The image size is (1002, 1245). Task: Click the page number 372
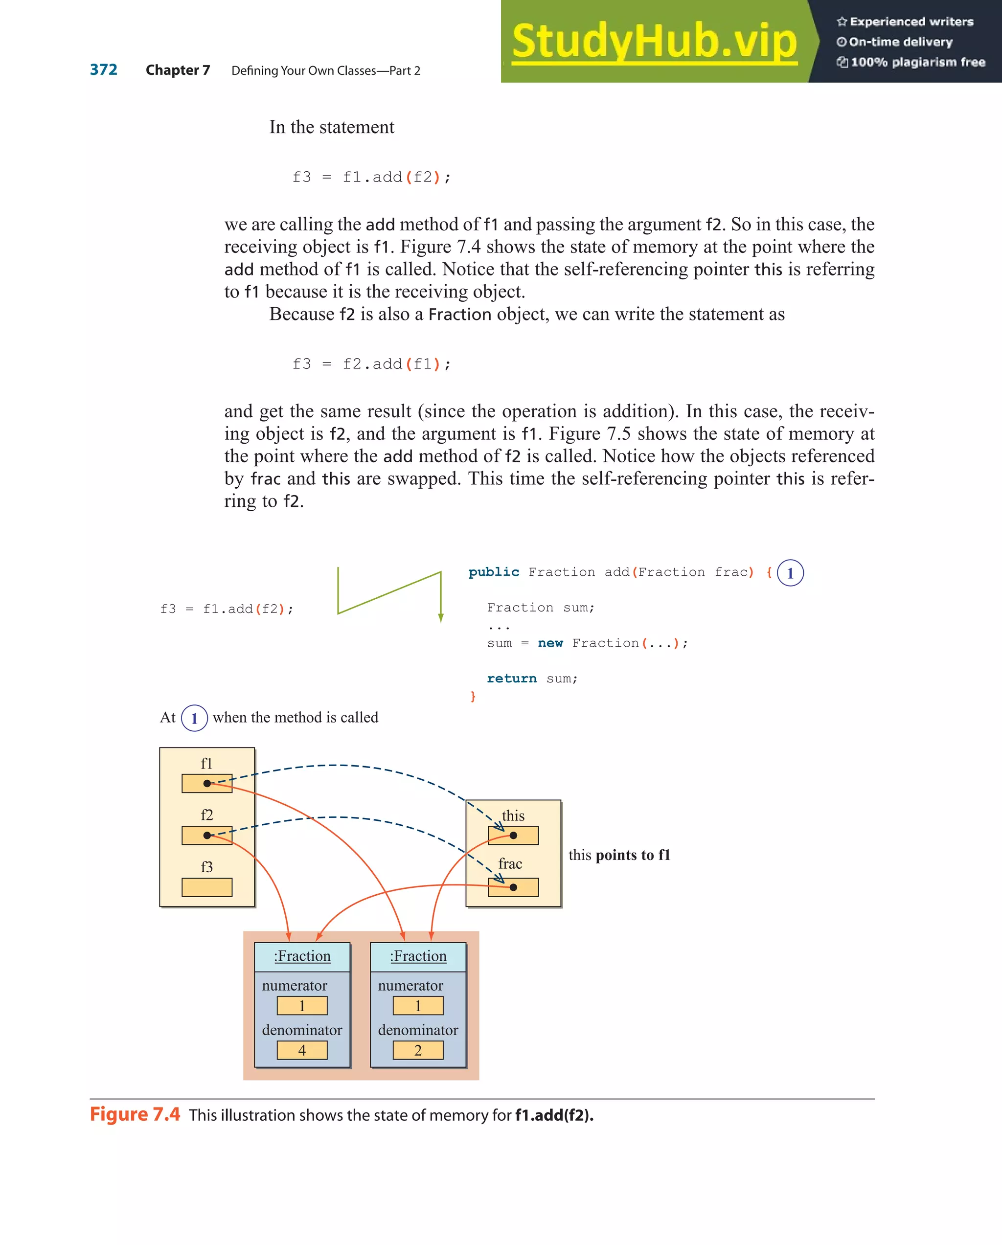click(x=103, y=70)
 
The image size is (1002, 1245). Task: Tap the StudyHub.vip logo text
click(x=654, y=42)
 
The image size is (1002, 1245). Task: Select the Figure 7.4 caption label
click(x=135, y=1114)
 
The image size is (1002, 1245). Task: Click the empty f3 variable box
click(x=207, y=887)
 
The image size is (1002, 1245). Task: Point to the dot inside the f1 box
click(x=207, y=784)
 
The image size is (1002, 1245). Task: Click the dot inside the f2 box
click(x=207, y=835)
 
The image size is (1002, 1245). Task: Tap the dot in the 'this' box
click(x=513, y=835)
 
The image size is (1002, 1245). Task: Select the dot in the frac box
click(x=513, y=887)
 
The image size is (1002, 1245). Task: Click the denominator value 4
click(x=302, y=1050)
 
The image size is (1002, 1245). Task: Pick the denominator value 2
click(x=418, y=1050)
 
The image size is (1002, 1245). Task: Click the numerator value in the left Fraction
click(x=302, y=1005)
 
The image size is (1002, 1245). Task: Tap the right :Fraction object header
click(x=418, y=956)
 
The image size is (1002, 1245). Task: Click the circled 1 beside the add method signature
click(x=790, y=573)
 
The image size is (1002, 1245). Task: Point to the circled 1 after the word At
click(x=194, y=718)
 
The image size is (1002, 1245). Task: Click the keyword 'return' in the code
click(x=511, y=679)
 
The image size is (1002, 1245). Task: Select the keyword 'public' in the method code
click(x=493, y=572)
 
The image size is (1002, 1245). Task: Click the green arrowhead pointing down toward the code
click(x=441, y=618)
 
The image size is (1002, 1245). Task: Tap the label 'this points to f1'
click(x=619, y=855)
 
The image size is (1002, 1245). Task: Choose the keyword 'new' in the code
click(x=550, y=643)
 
